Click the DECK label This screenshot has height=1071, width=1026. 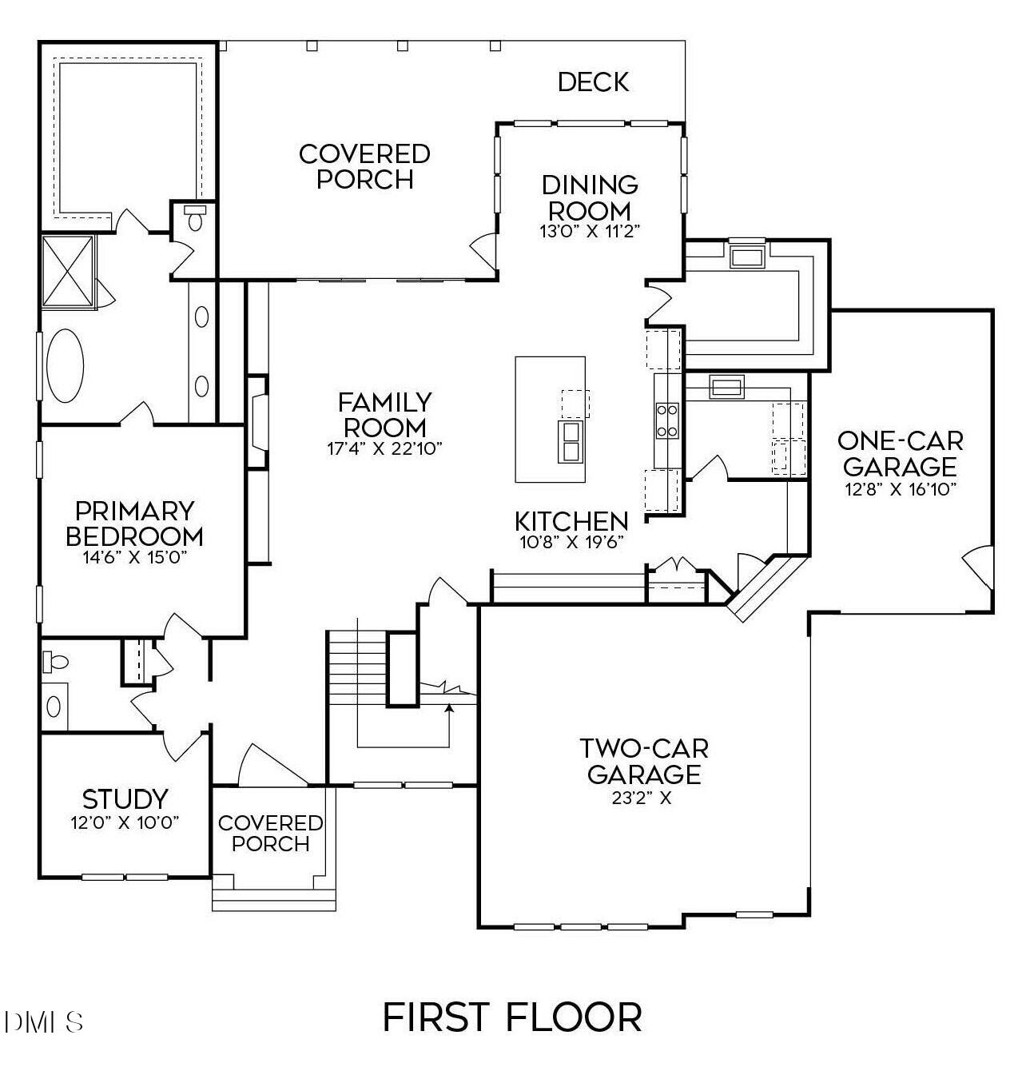point(593,82)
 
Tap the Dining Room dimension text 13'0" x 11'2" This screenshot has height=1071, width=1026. point(590,231)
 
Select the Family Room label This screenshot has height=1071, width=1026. point(384,414)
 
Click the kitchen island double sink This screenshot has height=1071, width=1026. point(571,442)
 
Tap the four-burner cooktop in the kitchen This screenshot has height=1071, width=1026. point(666,420)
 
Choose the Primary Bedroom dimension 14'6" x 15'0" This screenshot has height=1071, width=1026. point(134,557)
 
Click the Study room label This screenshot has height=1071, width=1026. point(125,798)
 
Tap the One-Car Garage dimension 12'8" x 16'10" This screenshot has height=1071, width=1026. point(901,489)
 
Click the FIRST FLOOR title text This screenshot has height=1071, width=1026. point(512,1017)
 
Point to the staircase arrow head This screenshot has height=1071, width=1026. point(450,708)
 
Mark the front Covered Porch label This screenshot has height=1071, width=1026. point(270,833)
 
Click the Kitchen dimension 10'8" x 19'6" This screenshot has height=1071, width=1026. point(571,541)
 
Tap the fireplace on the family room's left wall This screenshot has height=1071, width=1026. point(258,421)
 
